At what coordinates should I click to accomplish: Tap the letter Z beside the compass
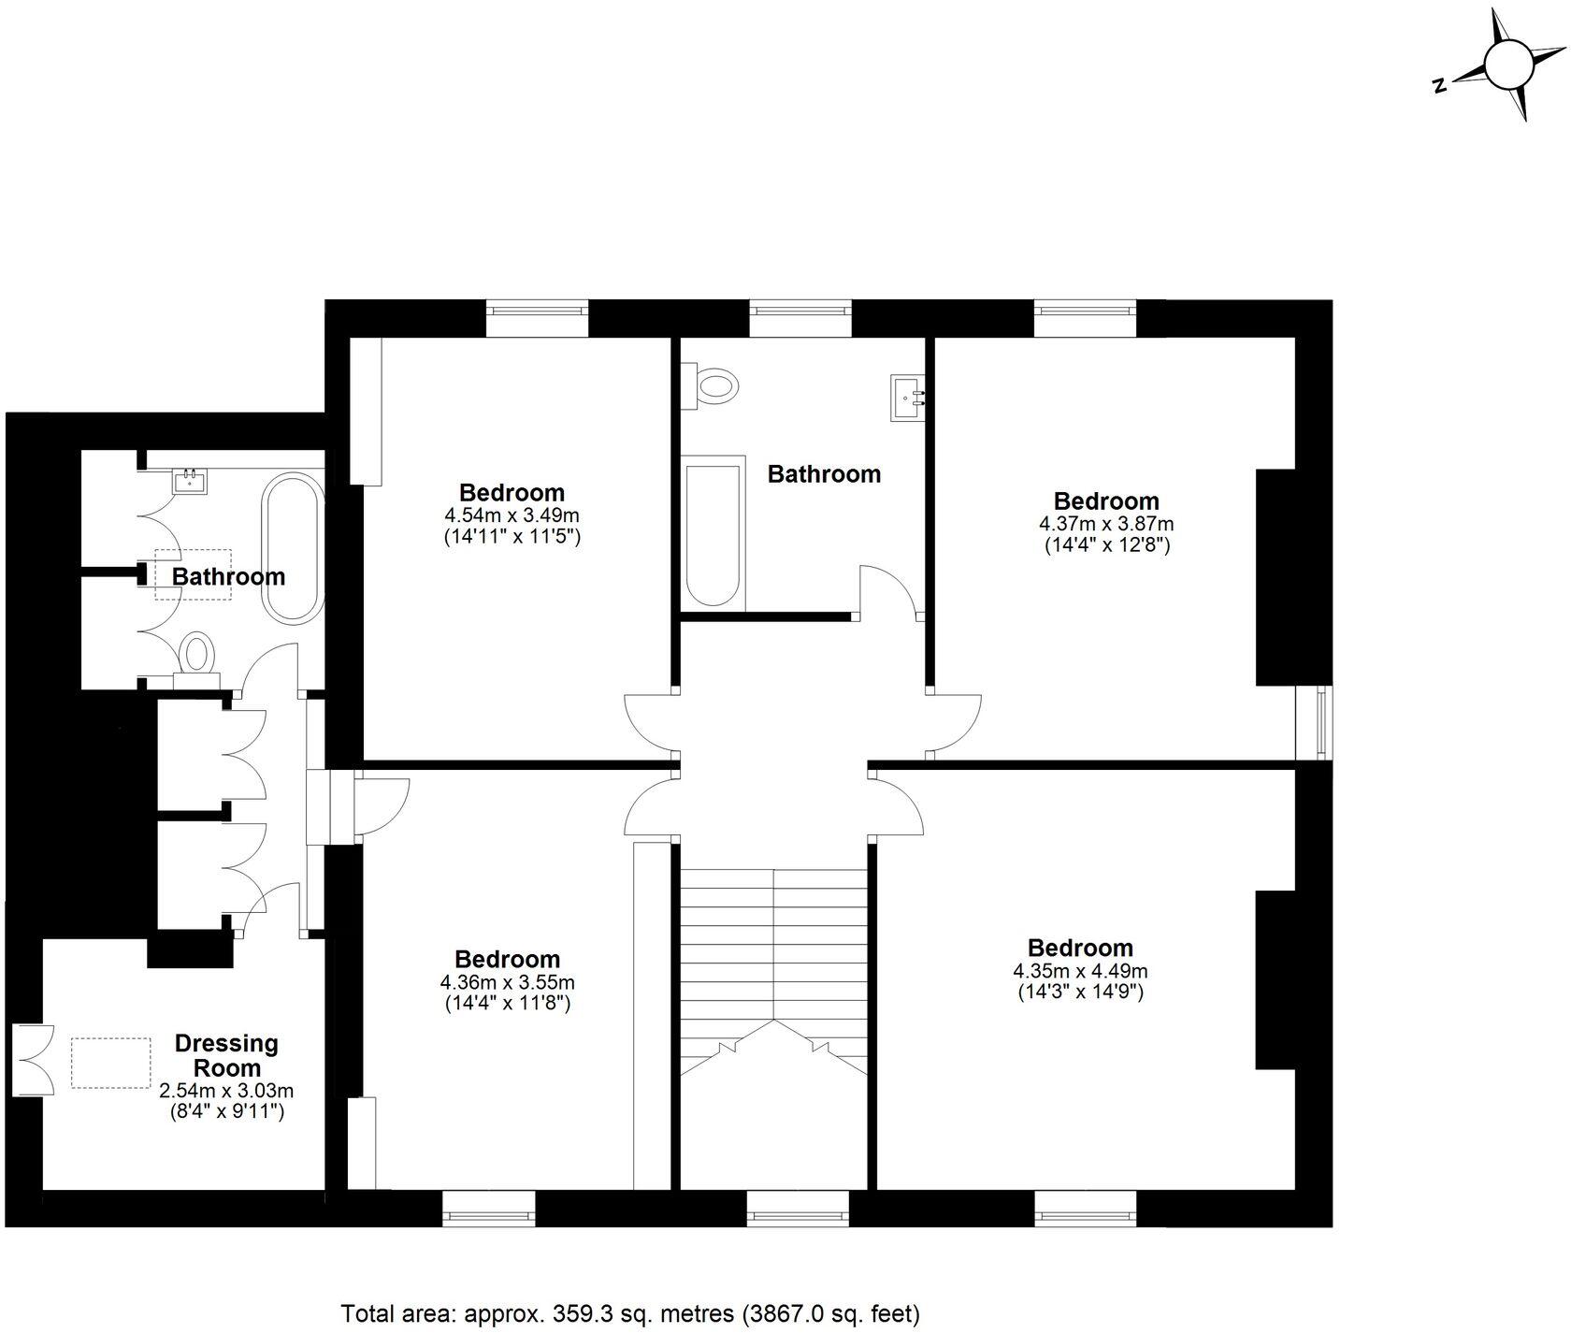1440,86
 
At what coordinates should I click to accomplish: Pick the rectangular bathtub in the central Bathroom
713,534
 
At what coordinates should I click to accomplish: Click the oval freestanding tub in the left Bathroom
291,549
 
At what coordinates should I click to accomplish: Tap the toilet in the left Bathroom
196,652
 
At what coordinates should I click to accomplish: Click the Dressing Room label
226,1055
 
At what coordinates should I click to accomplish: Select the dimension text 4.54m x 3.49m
512,515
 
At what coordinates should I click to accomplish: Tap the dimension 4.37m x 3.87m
1106,524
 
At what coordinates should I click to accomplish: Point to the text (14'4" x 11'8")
507,1004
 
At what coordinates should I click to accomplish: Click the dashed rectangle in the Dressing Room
111,1063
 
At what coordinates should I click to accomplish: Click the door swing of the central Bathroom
888,589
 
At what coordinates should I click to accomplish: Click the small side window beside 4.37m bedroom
1321,722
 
